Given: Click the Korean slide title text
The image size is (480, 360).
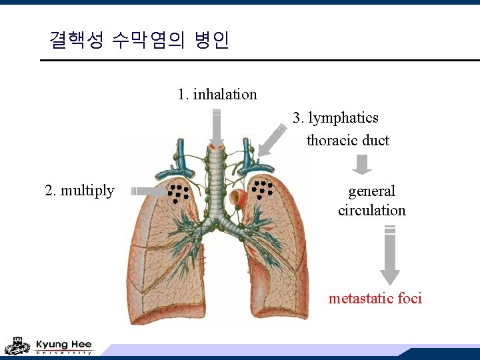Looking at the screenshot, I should (139, 41).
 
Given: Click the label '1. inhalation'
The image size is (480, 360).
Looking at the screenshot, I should (217, 94).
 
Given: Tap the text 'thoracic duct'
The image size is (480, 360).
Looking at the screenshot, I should (347, 140).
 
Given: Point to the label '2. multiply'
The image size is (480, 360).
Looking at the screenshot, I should (79, 191).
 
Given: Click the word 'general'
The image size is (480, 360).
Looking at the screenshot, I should (371, 191).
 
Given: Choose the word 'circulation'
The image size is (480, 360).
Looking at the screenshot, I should (371, 211).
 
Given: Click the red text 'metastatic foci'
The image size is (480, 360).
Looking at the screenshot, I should (375, 298).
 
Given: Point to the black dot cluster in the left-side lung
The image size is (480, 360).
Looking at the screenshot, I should (178, 192).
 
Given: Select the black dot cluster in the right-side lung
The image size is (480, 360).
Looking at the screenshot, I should (261, 189).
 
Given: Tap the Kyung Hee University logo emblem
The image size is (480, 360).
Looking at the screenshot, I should (17, 346).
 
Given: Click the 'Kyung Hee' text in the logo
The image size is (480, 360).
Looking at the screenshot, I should (64, 344).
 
